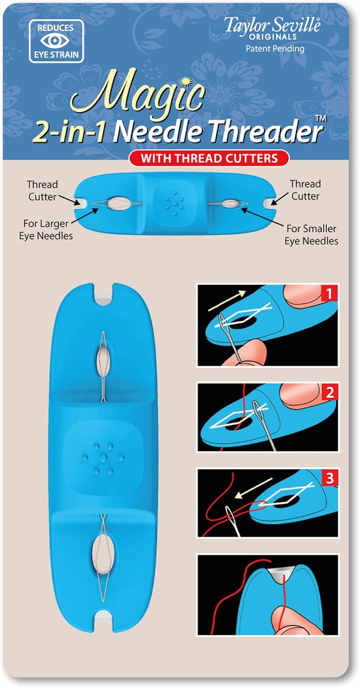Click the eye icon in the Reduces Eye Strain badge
point(56,41)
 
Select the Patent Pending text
point(275,49)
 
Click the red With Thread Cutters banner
point(209,158)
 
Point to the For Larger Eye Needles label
point(46,230)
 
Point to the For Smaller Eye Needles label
point(311,235)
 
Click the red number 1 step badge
point(329,294)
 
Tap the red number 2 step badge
point(330,392)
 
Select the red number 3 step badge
point(330,478)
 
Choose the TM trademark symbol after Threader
point(321,119)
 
